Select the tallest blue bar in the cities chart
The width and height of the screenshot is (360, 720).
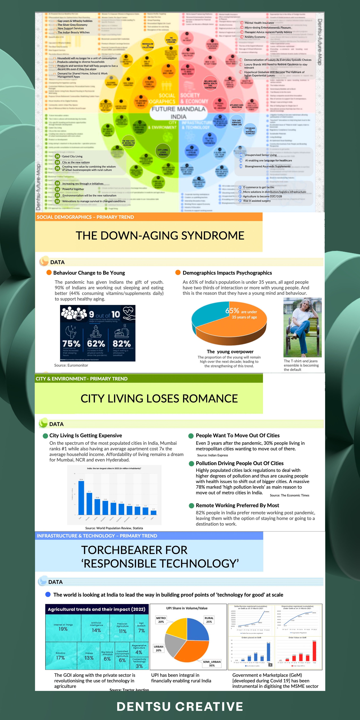(x=81, y=498)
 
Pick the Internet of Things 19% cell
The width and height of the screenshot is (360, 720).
(x=63, y=627)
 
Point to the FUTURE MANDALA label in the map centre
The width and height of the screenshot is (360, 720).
(x=178, y=109)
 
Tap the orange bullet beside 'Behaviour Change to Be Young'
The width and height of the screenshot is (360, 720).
(x=49, y=272)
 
